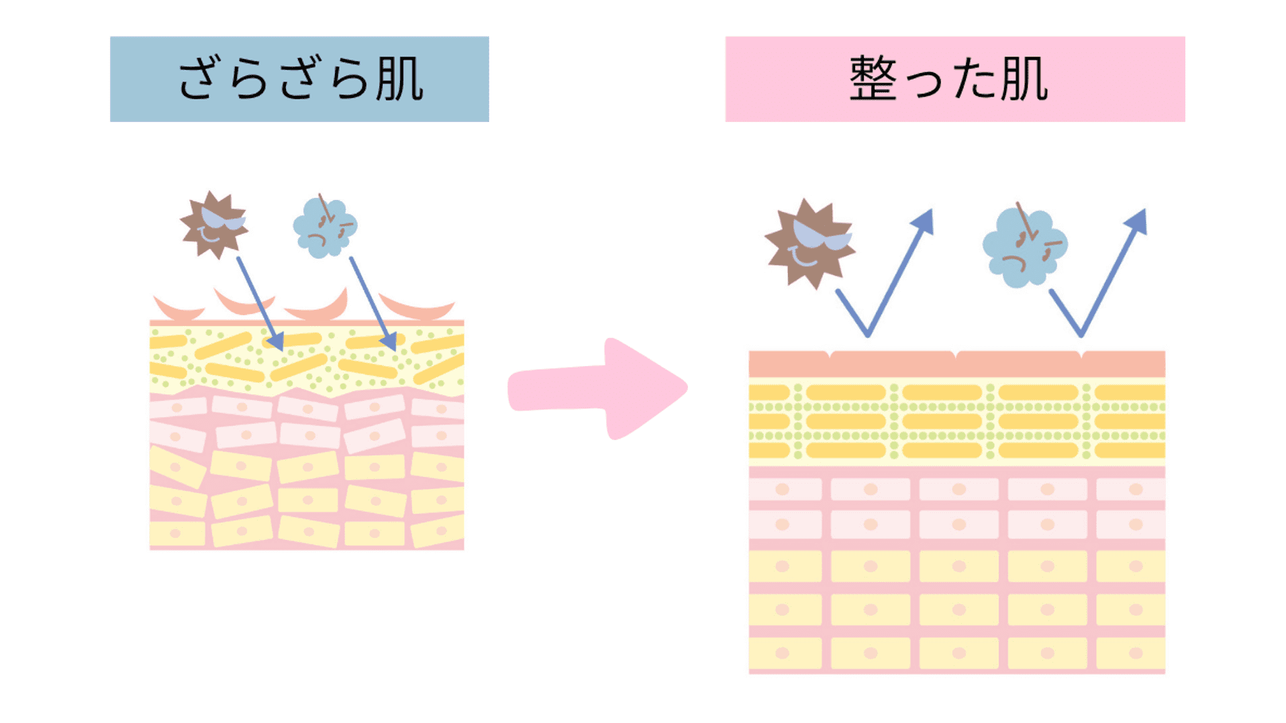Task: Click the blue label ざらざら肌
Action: click(x=299, y=79)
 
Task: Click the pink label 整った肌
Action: click(x=954, y=79)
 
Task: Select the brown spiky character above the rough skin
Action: click(x=213, y=225)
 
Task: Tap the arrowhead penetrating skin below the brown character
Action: click(x=275, y=341)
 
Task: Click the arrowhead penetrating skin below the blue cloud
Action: click(x=389, y=341)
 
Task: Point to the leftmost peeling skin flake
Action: click(x=178, y=310)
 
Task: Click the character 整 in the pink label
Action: click(x=873, y=79)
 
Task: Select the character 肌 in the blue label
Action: click(x=399, y=79)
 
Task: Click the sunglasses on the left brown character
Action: click(x=223, y=219)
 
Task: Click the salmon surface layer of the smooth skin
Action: click(x=956, y=364)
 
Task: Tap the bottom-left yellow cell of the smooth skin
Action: click(x=785, y=653)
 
